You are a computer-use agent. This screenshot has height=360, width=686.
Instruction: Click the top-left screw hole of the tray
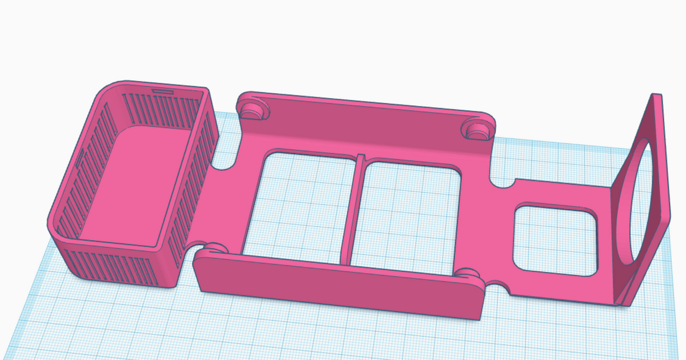coord(252,109)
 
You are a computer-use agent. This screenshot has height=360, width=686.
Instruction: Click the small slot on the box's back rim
coord(163,90)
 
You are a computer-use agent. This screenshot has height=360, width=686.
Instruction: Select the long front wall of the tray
coord(337,286)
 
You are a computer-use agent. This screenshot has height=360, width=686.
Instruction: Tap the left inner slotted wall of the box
coord(86,154)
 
